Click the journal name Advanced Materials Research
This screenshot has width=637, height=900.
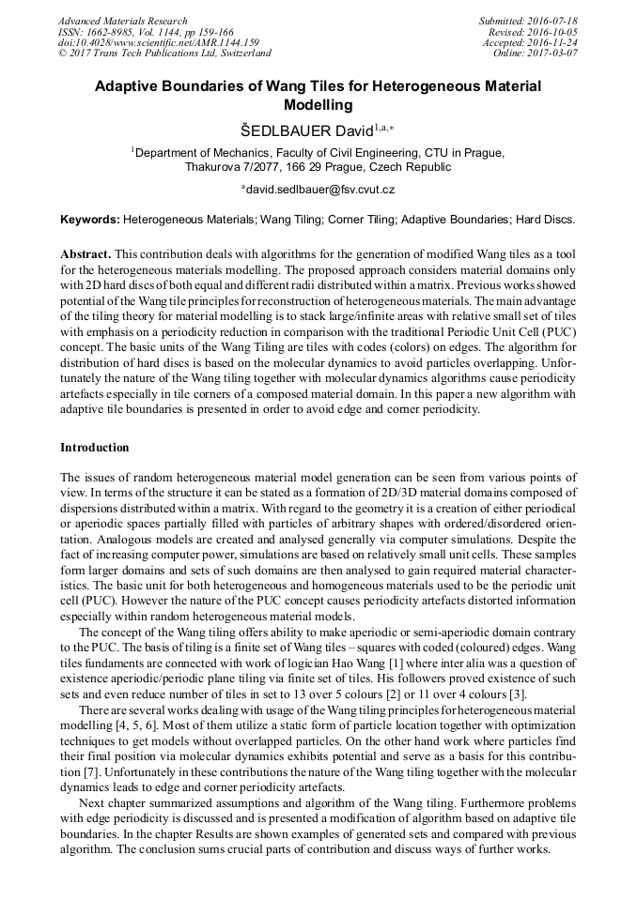click(x=122, y=21)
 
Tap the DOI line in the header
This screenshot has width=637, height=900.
click(x=158, y=42)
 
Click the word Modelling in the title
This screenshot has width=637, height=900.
click(x=318, y=105)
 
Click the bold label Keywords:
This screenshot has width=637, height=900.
click(x=90, y=219)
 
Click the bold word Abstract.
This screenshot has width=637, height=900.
click(x=85, y=255)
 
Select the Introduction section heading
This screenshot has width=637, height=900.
click(x=94, y=448)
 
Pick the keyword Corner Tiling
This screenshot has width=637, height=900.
click(x=360, y=219)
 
